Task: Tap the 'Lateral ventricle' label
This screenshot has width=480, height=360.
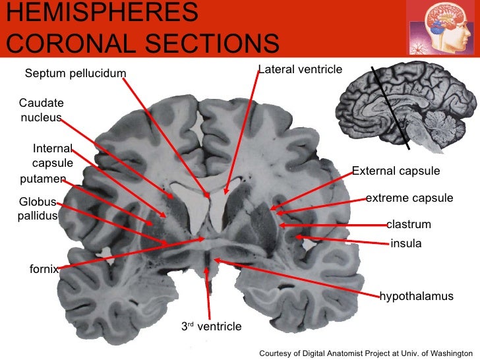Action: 301,69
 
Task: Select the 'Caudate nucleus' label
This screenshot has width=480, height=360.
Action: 41,111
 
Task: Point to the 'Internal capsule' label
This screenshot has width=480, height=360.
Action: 53,156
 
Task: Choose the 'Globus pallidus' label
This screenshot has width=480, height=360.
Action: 38,209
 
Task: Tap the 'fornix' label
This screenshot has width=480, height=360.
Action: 44,269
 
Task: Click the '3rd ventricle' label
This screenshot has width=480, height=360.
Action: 212,326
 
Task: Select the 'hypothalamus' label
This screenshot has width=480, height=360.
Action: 417,296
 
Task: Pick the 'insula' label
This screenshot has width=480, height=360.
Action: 405,244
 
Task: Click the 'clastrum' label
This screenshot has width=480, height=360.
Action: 409,225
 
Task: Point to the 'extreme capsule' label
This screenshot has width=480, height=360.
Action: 409,198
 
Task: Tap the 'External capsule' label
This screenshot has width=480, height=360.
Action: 396,171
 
